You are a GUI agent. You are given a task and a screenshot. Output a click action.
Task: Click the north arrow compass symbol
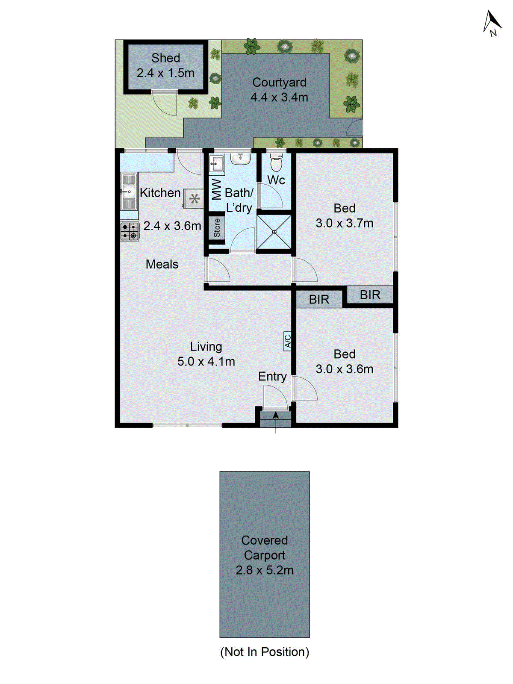pos(491,23)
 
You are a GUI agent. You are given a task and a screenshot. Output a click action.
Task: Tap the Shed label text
pos(165,58)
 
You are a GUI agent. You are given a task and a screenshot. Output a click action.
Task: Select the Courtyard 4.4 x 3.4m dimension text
pos(279,97)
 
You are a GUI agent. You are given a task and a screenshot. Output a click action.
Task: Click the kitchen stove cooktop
pos(130,231)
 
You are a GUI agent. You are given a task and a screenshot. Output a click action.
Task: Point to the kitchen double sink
pos(129,192)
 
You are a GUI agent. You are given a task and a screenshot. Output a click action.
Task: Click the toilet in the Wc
pos(276,162)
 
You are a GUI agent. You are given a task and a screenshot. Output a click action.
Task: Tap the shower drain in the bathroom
pos(274,232)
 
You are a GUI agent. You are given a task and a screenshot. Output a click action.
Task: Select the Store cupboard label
pos(217,228)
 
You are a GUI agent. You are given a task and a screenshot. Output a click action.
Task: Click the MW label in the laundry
pos(217,189)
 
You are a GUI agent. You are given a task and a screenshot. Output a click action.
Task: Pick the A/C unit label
pos(288,341)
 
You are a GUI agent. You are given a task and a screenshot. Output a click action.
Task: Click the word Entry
pos(272,377)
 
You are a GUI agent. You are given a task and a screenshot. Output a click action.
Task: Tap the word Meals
pos(162,264)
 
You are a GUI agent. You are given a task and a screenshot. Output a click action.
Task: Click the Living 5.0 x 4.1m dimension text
pos(206,362)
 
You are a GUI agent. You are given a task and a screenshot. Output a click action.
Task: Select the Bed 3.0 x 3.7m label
pos(344,216)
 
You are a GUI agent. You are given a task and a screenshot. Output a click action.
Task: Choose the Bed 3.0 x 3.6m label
pos(344,362)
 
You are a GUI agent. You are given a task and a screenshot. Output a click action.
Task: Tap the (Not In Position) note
pos(265,652)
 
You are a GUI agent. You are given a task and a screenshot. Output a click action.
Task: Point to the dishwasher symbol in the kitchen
pos(194,198)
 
